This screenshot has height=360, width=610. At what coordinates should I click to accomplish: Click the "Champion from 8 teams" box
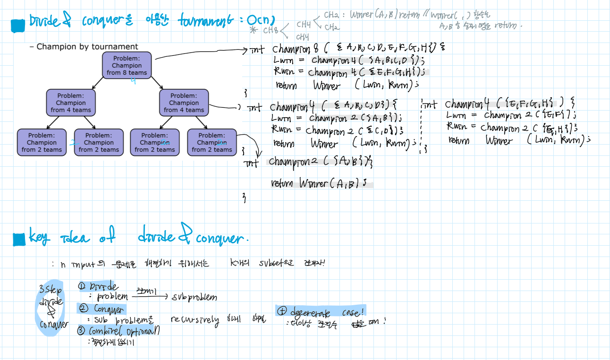pos(127,65)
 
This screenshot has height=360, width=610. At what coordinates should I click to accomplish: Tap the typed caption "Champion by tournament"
pos(87,46)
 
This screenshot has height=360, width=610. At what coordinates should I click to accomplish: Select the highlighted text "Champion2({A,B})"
pos(321,162)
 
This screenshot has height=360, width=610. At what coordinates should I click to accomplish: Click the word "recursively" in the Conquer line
pos(195,320)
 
